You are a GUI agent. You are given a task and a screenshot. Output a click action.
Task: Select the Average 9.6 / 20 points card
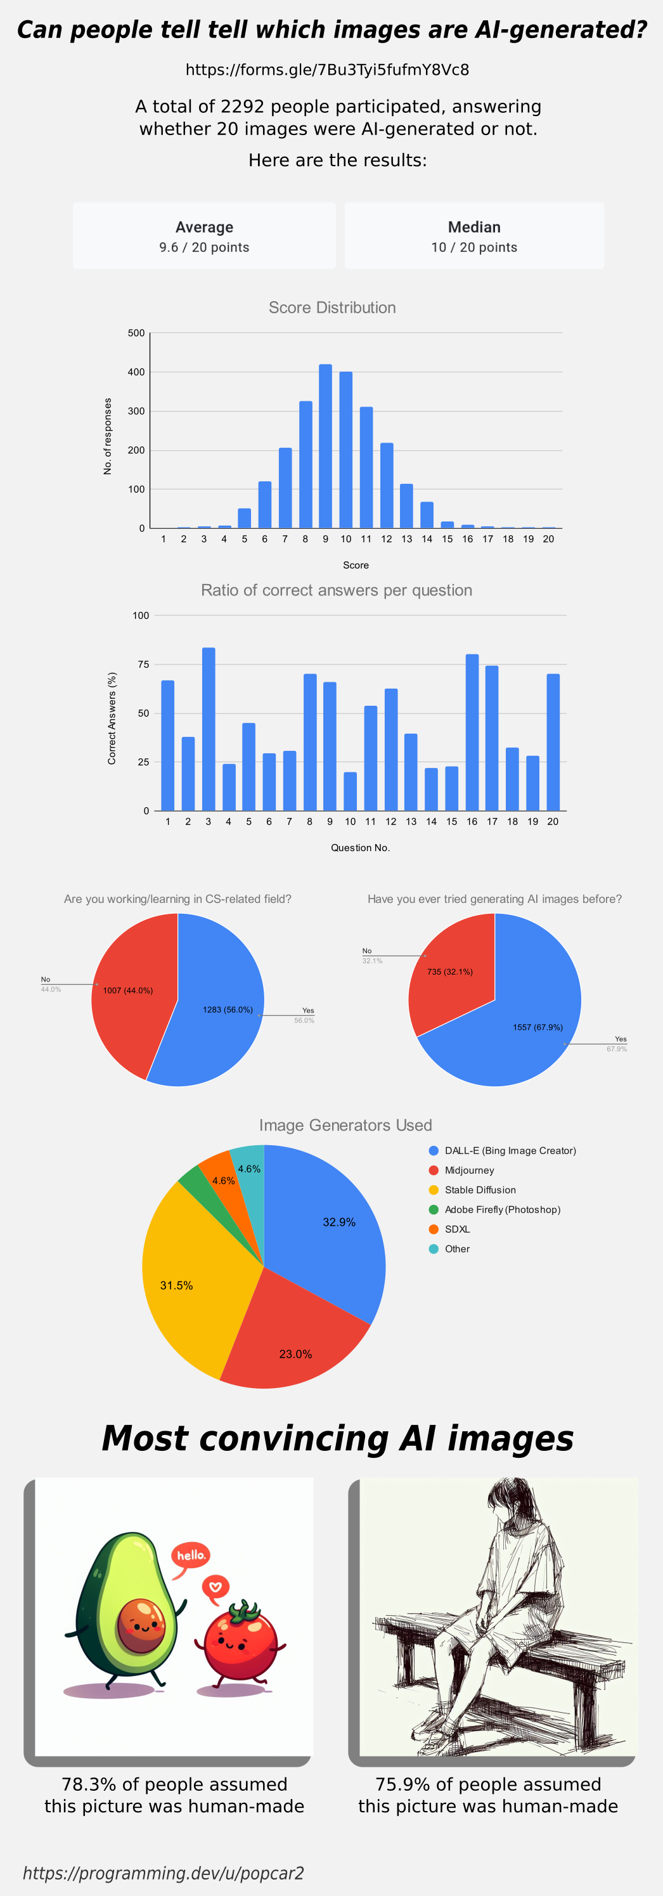pos(204,237)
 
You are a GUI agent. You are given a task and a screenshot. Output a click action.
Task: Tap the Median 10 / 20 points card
pos(474,237)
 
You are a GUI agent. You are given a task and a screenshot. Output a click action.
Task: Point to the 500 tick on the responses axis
pos(136,334)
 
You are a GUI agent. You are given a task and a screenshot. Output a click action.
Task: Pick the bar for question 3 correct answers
pos(209,729)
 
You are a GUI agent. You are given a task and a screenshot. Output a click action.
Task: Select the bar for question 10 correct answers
pos(351,791)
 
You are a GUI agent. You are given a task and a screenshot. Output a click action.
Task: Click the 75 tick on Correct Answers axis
pos(143,665)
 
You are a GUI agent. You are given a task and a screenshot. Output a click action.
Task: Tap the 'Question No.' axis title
pos(360,848)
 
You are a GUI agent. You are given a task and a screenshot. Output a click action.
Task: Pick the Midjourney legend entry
pos(469,1171)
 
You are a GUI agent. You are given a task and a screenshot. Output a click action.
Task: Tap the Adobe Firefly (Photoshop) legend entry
pos(502,1209)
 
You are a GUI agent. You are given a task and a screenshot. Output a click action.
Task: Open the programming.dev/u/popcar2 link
pos(164,1873)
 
